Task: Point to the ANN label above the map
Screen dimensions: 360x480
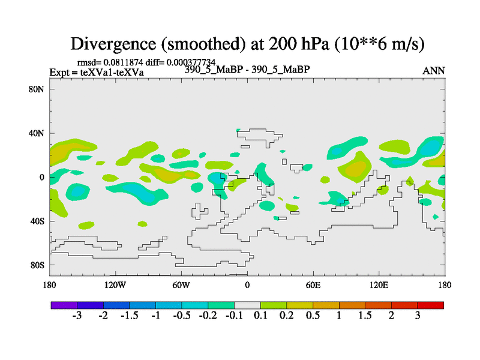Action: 434,71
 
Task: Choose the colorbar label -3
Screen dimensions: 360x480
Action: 77,316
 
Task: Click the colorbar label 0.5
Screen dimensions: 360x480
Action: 313,316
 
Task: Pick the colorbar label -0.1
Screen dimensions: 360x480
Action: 234,316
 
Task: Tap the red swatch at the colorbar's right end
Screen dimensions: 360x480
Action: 430,305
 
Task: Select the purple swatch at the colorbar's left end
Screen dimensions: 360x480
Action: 64,305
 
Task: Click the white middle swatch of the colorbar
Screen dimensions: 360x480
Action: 247,305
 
